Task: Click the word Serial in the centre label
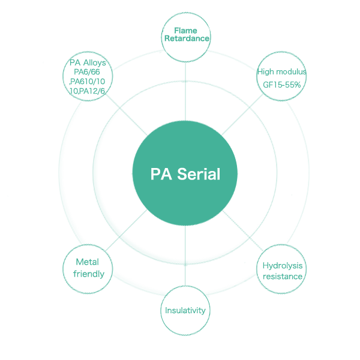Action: pos(199,175)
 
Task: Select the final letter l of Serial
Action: pos(218,175)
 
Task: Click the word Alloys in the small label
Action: pos(94,63)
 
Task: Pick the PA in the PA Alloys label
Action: pos(75,63)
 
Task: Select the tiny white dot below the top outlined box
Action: pos(164,53)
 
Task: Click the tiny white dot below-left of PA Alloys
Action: pos(67,95)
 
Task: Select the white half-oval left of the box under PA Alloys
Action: pos(67,82)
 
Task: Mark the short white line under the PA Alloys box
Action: pos(87,95)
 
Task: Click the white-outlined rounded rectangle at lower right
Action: pos(283,270)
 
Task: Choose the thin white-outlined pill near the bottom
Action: pos(186,311)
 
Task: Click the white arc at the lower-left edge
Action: pos(64,269)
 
